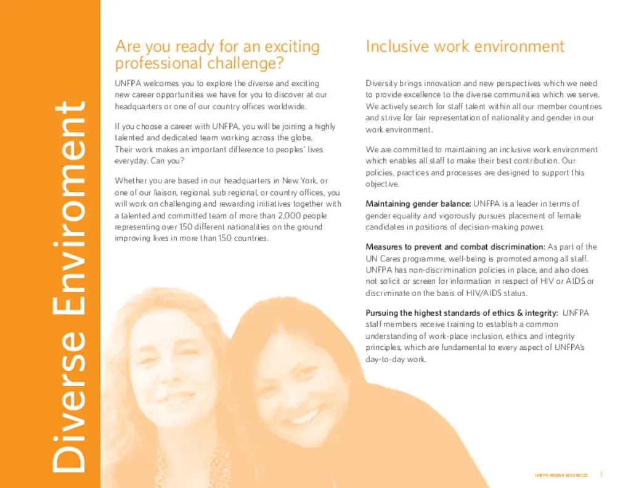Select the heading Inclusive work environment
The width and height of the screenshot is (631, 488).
[465, 47]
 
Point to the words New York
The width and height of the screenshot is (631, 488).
[298, 180]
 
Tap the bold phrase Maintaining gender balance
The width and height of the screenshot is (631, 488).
[418, 204]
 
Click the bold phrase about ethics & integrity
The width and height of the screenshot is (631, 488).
[462, 313]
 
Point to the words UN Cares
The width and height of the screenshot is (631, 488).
[386, 258]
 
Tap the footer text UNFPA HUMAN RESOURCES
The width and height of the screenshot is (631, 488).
[561, 475]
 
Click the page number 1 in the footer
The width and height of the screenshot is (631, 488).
[601, 474]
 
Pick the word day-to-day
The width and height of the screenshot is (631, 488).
[385, 359]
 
